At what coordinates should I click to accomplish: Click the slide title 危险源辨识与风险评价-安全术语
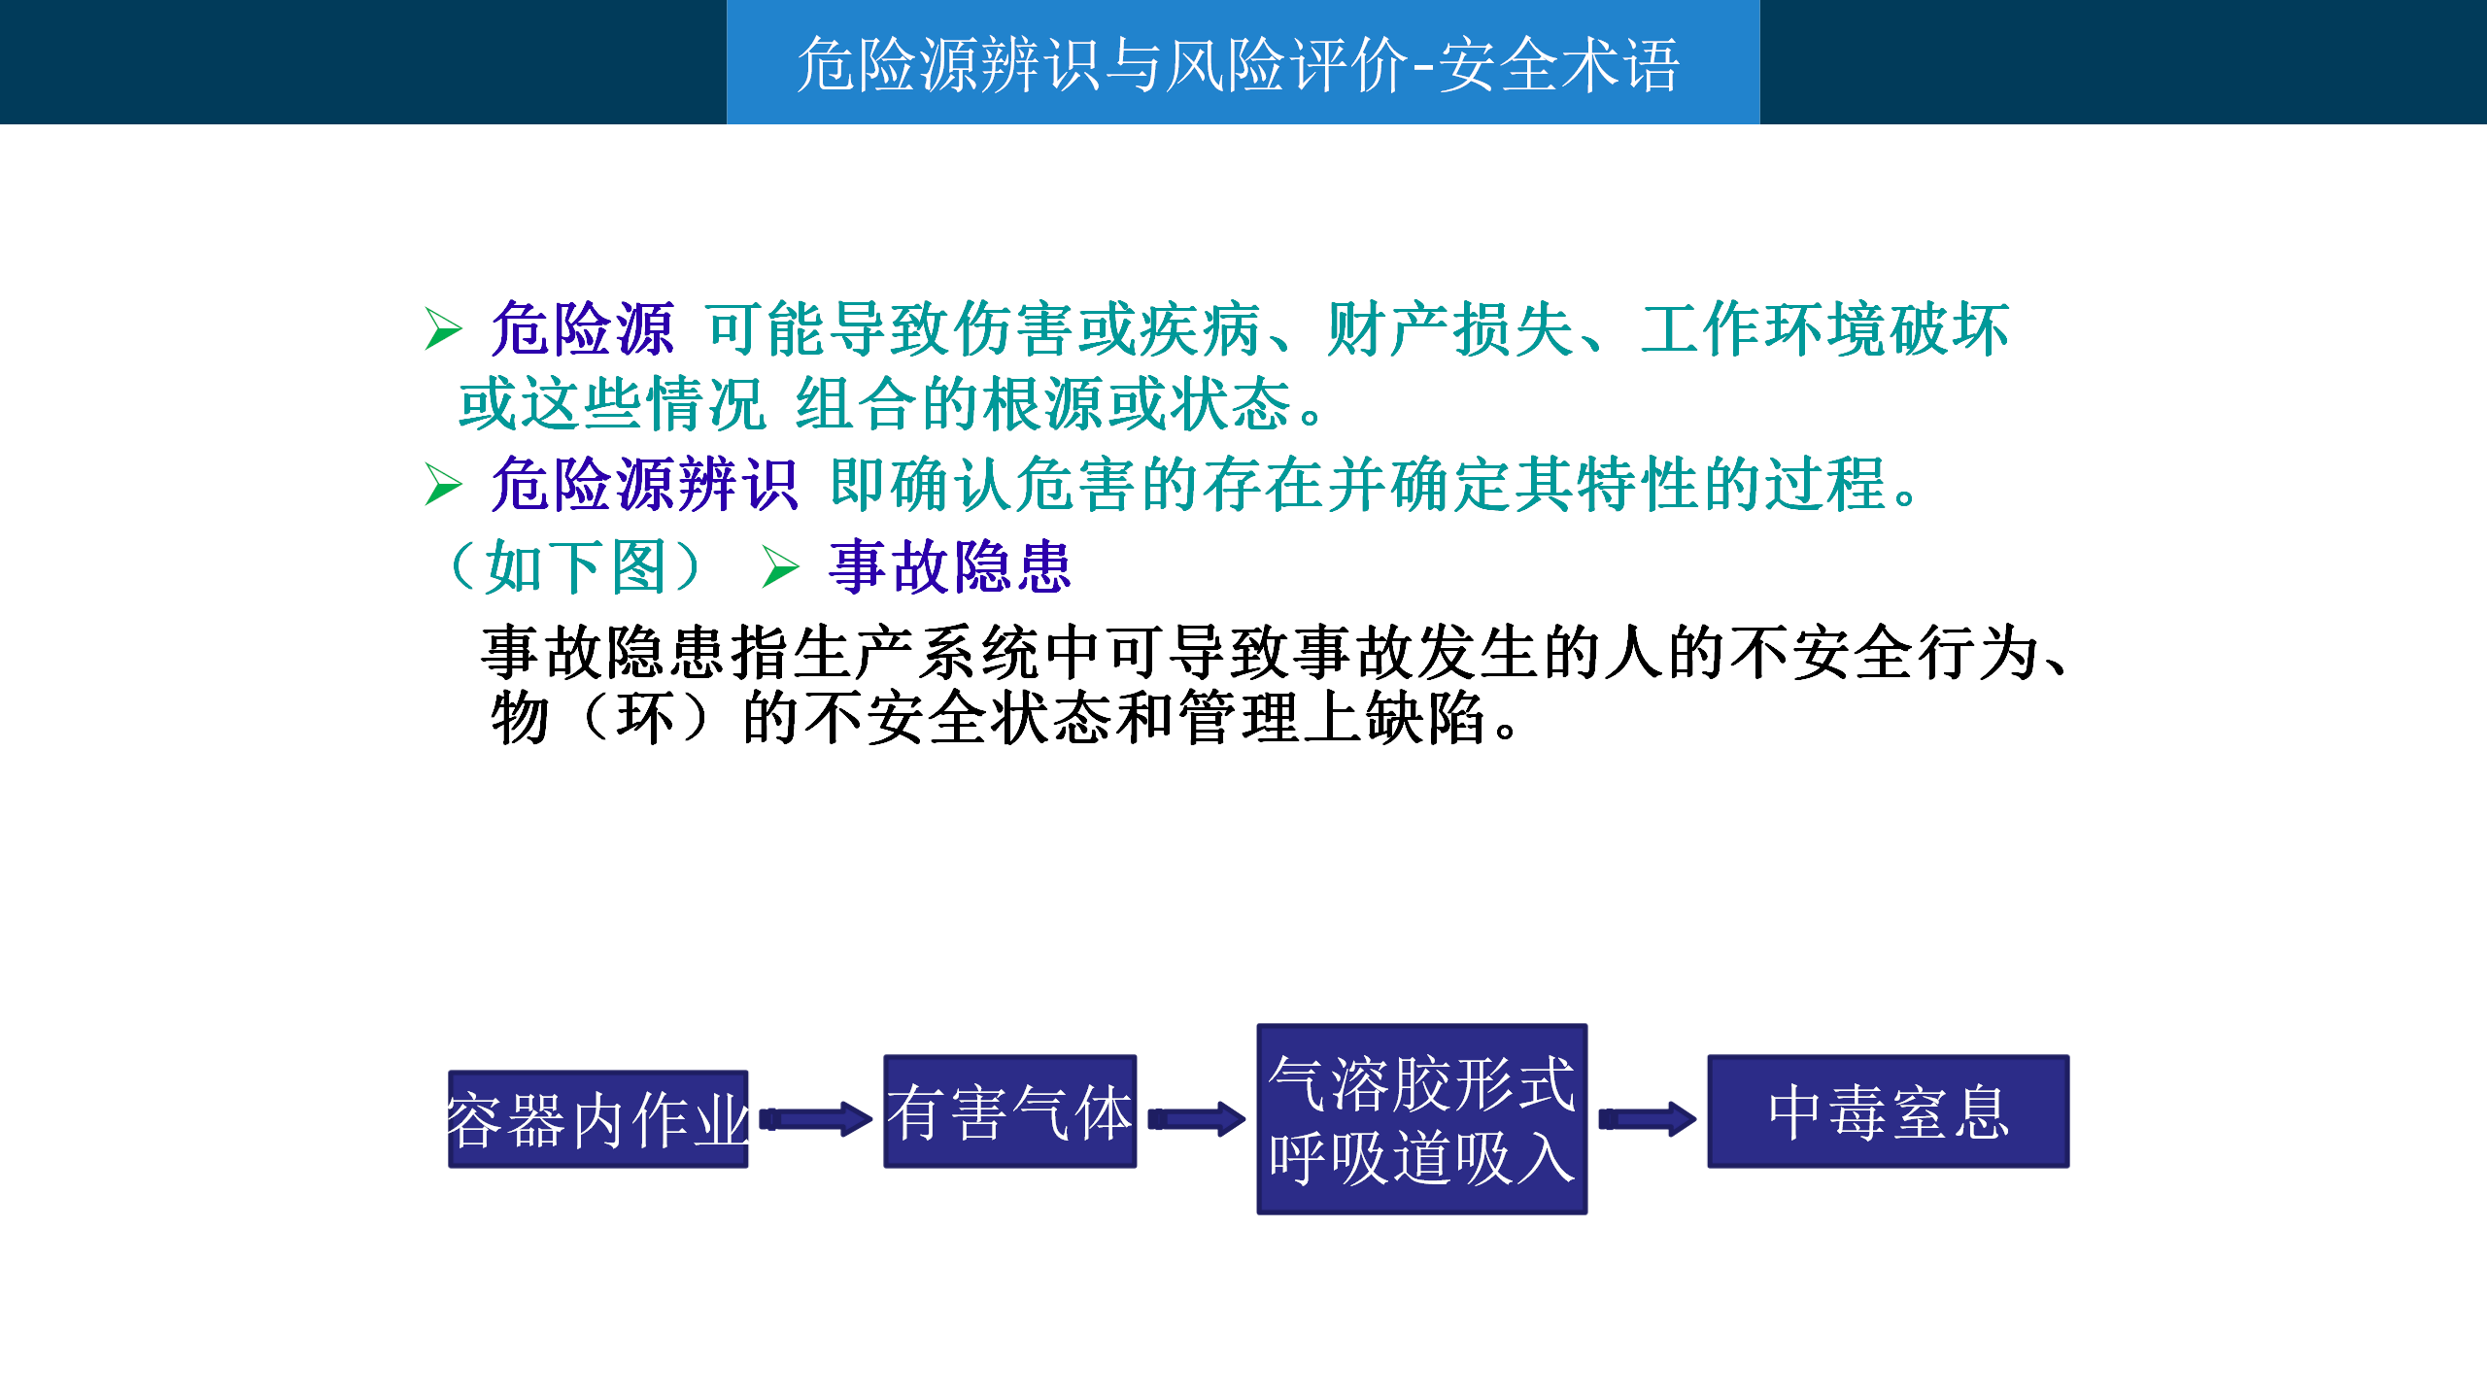coord(1238,65)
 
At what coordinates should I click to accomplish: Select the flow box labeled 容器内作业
coord(597,1119)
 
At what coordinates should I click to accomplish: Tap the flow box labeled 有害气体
coord(1009,1111)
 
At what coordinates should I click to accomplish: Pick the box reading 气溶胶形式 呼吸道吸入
coord(1421,1118)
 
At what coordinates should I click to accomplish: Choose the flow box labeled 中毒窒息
coord(1888,1111)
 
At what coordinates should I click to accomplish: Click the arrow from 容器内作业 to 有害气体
coord(815,1119)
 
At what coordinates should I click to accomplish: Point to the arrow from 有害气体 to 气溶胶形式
coord(1196,1119)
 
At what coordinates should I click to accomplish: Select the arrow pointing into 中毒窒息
coord(1647,1119)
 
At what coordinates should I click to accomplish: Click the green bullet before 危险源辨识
coord(443,484)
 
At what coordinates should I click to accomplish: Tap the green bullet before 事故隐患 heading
coord(780,567)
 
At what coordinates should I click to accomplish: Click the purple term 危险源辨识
coord(644,484)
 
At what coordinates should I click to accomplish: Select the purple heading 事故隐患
coord(949,567)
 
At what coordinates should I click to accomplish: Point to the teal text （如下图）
coord(575,567)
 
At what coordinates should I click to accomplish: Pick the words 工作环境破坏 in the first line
coord(1824,329)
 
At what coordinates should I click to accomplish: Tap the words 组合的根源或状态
coord(1042,404)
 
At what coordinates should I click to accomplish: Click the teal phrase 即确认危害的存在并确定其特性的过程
coord(1357,484)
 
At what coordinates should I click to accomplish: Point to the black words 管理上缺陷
coord(1332,718)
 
